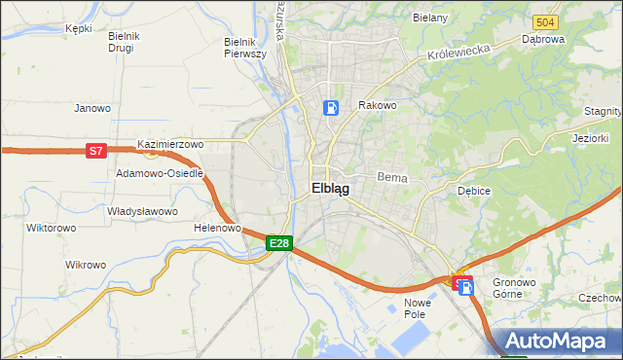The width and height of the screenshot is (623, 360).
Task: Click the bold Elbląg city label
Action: click(330, 189)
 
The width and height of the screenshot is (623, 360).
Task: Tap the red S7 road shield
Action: click(95, 151)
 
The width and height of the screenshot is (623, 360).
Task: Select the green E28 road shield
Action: click(278, 243)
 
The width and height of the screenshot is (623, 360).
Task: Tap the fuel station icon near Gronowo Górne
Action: click(466, 285)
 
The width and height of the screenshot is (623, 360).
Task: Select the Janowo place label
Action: click(92, 108)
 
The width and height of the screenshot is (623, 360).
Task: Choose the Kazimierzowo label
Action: click(170, 144)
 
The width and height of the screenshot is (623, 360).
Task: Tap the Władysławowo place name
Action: click(142, 211)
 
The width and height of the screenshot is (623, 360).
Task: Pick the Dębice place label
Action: click(473, 191)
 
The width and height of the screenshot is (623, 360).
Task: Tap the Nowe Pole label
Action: click(417, 309)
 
